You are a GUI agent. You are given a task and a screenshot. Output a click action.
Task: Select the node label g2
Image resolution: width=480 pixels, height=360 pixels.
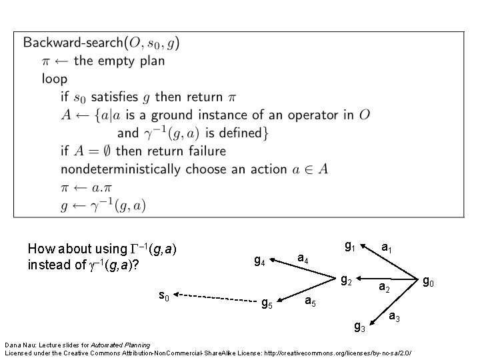click(347, 280)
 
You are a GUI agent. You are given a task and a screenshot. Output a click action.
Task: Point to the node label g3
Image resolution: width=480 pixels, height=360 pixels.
click(359, 326)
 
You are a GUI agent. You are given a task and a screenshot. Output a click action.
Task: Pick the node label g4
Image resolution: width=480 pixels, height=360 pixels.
click(260, 261)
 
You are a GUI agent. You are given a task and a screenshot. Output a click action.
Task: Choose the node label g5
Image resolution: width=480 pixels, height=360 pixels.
click(266, 305)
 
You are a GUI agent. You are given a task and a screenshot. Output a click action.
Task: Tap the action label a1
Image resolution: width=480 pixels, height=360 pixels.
click(387, 248)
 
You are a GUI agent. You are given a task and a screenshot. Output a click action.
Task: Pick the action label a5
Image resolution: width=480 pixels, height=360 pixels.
click(310, 301)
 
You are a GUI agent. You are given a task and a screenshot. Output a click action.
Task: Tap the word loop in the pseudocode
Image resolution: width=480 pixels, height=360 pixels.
click(55, 79)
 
